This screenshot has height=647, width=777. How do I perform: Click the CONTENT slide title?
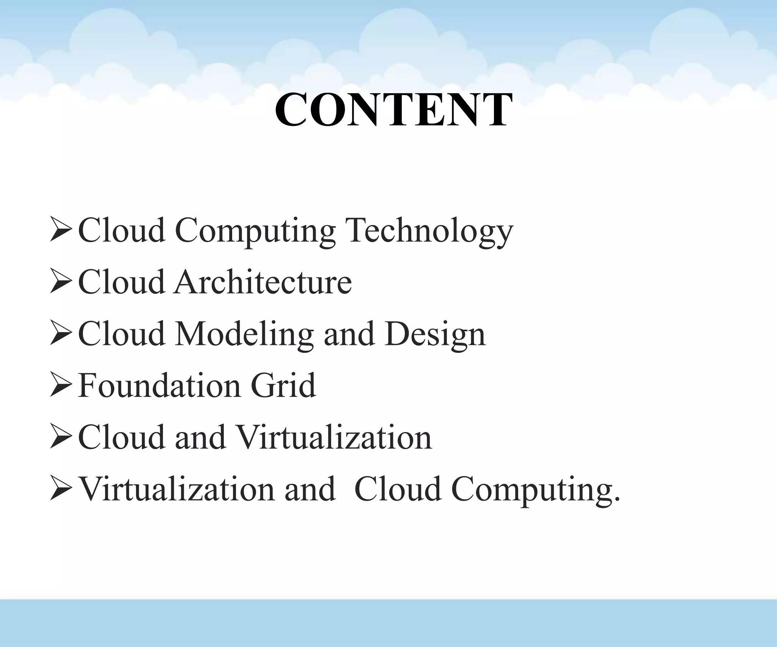pos(393,110)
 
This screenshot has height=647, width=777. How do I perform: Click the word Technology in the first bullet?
pos(430,231)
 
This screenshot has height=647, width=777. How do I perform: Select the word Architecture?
pos(263,282)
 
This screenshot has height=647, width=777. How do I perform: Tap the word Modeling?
pos(244,334)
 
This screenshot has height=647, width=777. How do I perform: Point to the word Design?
pos(435,334)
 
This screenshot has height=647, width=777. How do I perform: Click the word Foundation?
pos(160,385)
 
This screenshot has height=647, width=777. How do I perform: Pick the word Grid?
pos(283,385)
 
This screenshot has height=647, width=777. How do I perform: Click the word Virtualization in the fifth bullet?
pos(334,437)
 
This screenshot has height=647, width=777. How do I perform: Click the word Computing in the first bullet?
pos(255,231)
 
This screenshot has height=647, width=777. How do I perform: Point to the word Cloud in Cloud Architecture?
pos(121,282)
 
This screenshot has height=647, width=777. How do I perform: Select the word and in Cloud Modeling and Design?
pos(349,334)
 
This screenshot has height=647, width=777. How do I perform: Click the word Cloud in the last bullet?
pos(398,489)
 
